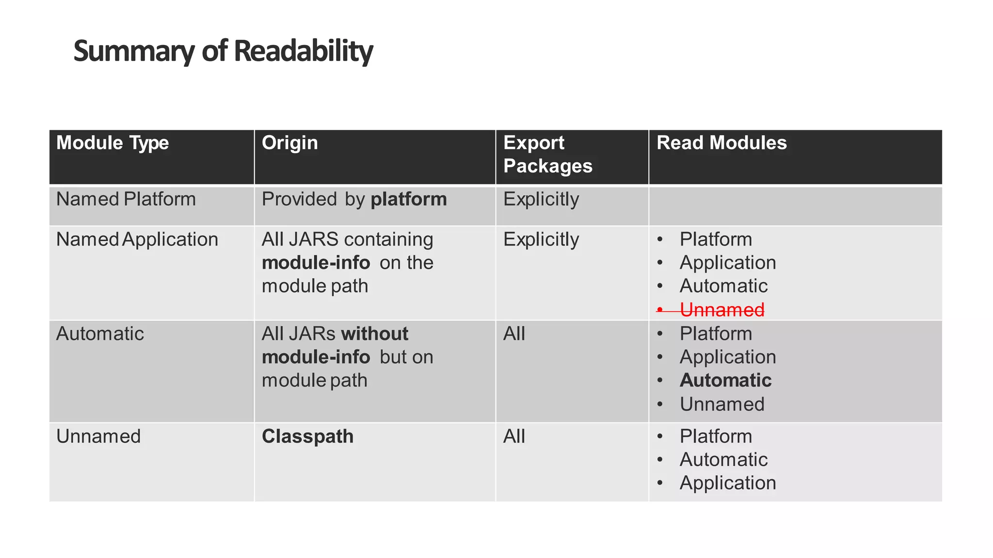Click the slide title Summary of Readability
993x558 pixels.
[x=223, y=51]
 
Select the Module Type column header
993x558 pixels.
[x=112, y=143]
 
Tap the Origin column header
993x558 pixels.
[x=289, y=143]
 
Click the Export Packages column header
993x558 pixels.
[x=547, y=155]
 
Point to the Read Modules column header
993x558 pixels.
[x=721, y=143]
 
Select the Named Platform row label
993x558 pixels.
[x=126, y=199]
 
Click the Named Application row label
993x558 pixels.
[x=137, y=239]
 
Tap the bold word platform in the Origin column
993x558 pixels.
[x=408, y=199]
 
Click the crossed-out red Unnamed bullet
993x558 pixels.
[x=721, y=310]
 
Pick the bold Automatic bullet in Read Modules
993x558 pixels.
[x=725, y=380]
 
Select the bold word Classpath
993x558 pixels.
[x=307, y=436]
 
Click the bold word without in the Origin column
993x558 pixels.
[x=374, y=334]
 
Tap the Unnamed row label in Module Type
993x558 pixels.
[x=98, y=436]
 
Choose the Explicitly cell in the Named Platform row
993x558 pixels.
[x=541, y=199]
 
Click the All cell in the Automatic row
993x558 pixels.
[x=514, y=334]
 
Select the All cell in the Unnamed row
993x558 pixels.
[x=514, y=436]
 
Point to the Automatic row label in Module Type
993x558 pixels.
[x=100, y=334]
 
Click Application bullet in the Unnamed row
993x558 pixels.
[x=727, y=483]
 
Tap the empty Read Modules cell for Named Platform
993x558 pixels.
[x=795, y=206]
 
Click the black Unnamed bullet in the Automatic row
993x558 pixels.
[x=721, y=404]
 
